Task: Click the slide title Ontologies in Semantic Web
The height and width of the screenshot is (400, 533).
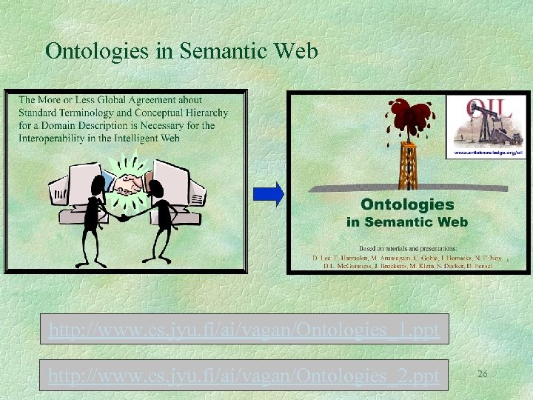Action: pyautogui.click(x=181, y=51)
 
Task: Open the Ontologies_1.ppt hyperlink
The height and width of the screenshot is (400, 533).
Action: pyautogui.click(x=244, y=330)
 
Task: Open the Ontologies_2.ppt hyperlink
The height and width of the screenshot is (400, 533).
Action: pyautogui.click(x=244, y=376)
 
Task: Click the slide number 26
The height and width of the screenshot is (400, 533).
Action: pyautogui.click(x=482, y=374)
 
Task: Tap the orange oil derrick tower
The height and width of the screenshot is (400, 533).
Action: pyautogui.click(x=406, y=163)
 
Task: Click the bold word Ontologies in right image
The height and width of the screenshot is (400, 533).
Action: pyautogui.click(x=406, y=204)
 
